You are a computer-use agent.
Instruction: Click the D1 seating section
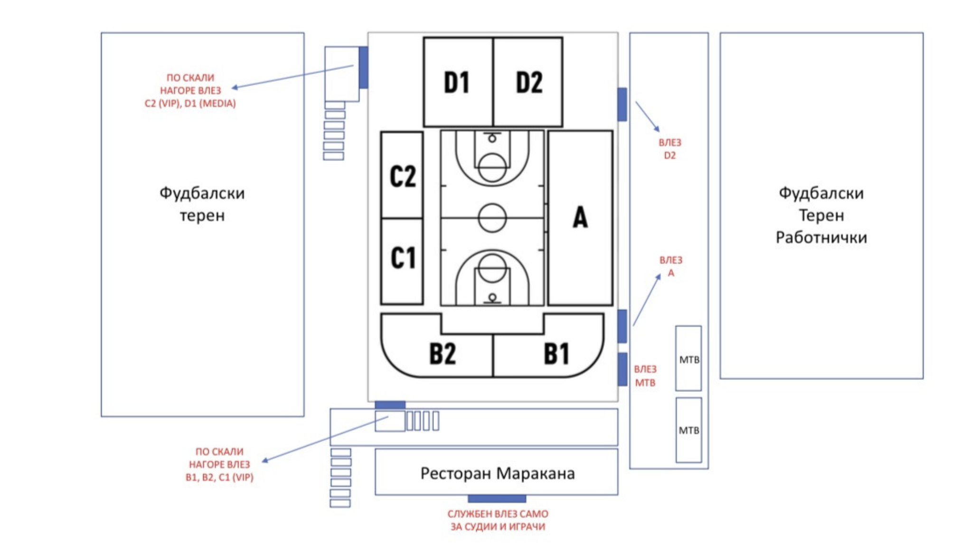click(457, 82)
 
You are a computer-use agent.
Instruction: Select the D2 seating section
click(528, 82)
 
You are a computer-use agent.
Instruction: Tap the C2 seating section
click(402, 175)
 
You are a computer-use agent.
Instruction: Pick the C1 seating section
click(402, 259)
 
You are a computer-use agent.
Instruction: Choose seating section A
click(580, 218)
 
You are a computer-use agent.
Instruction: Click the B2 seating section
click(442, 354)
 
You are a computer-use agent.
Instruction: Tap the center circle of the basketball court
click(492, 218)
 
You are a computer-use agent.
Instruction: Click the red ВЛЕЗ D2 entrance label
click(669, 149)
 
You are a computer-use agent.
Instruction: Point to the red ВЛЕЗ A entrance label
click(670, 266)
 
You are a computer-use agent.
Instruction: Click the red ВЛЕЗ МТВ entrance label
click(645, 376)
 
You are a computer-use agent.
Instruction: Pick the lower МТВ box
click(688, 430)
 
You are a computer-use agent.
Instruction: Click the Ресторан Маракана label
click(497, 473)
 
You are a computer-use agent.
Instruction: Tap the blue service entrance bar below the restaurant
click(497, 499)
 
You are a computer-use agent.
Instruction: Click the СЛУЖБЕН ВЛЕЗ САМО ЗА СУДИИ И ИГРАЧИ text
click(498, 520)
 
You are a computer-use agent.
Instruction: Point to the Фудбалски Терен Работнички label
click(821, 215)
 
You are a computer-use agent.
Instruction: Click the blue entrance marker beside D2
click(622, 104)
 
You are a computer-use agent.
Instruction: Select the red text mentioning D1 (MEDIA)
click(190, 103)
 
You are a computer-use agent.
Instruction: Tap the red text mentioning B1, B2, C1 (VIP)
click(219, 477)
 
